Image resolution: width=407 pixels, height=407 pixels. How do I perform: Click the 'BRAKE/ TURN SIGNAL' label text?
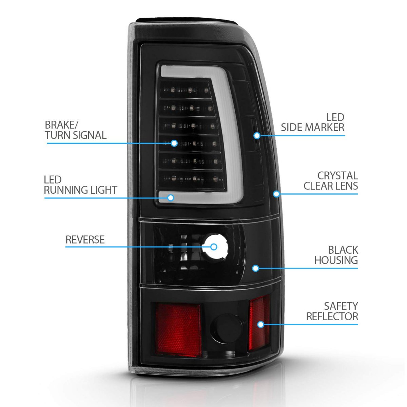pyautogui.click(x=76, y=130)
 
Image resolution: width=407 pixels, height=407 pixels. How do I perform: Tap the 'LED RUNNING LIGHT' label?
pyautogui.click(x=80, y=185)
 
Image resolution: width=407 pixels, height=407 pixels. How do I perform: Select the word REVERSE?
pyautogui.click(x=85, y=239)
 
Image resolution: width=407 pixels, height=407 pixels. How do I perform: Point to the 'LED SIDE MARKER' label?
pyautogui.click(x=312, y=122)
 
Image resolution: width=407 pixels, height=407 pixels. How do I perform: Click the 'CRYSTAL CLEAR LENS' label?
pyautogui.click(x=331, y=180)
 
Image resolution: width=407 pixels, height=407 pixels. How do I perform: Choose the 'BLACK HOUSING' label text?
pyautogui.click(x=336, y=255)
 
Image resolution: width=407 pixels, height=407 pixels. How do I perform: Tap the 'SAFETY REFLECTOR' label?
pyautogui.click(x=332, y=311)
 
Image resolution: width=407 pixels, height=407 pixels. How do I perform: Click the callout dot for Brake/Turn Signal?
pyautogui.click(x=174, y=143)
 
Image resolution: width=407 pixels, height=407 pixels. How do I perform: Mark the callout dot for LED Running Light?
pyautogui.click(x=170, y=198)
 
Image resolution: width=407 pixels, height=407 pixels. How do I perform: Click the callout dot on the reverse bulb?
pyautogui.click(x=214, y=247)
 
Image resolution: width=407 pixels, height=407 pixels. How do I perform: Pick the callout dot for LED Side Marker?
pyautogui.click(x=257, y=136)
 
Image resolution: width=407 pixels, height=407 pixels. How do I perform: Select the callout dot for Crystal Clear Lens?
pyautogui.click(x=276, y=194)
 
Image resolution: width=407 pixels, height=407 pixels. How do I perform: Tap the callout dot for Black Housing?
pyautogui.click(x=256, y=268)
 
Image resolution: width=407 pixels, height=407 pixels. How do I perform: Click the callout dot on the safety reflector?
pyautogui.click(x=260, y=324)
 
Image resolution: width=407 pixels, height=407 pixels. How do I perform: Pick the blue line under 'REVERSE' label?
pyautogui.click(x=136, y=247)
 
